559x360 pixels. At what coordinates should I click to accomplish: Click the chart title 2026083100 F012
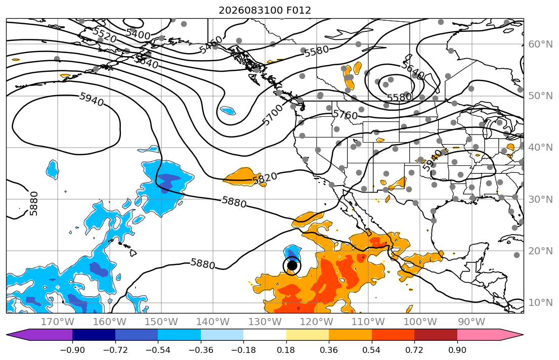coord(265,10)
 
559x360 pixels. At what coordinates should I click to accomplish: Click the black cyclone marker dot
coord(292,265)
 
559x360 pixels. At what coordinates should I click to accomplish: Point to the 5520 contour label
coord(104,35)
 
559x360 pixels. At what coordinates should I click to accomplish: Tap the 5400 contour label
coord(138,34)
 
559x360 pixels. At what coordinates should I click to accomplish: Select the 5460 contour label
coord(210,44)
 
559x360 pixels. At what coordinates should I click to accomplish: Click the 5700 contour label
coord(272,114)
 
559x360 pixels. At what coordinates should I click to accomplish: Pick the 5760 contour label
coord(345,114)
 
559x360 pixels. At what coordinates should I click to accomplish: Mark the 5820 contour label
coord(265,178)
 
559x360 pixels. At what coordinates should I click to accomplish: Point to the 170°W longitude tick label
coord(58,322)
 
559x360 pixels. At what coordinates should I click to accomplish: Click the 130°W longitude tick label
coord(265,322)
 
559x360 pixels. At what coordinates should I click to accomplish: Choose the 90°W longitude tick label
coord(471,322)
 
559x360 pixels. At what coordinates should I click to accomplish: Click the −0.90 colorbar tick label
coord(72,350)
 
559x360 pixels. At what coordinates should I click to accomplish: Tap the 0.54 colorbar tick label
coord(371,350)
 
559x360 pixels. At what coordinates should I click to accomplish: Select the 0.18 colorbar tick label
coord(286,350)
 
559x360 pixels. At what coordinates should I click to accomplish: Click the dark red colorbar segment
coord(436,335)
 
